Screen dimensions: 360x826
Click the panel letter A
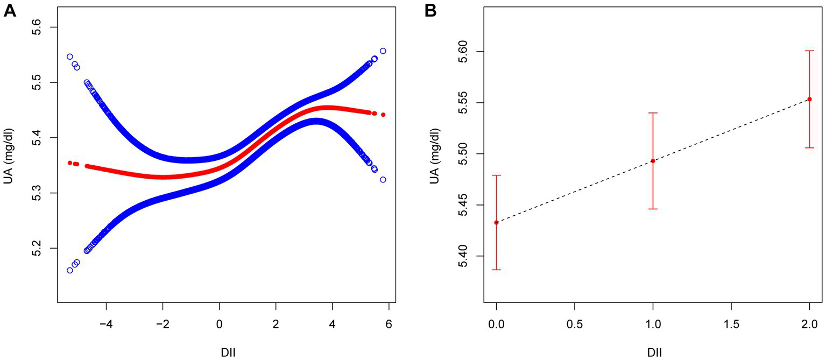10,10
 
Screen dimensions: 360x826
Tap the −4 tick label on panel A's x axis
105,323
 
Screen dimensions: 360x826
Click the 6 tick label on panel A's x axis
388,323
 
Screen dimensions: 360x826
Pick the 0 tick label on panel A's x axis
219,323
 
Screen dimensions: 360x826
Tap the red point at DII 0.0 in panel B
496,222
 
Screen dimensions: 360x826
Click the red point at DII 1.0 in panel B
653,161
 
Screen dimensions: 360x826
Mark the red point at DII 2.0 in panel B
809,100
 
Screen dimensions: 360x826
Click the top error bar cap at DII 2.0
809,51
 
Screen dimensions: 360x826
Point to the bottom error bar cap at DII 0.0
496,270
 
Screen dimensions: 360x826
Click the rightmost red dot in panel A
383,115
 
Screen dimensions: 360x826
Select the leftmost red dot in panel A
70,163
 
